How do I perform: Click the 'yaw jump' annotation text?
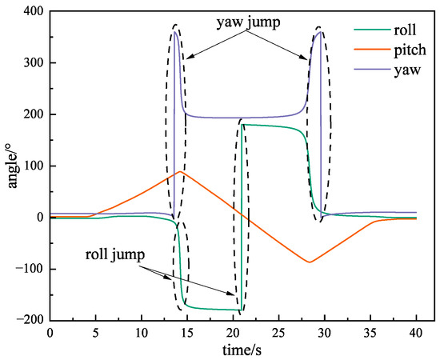248,22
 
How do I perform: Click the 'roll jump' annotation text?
115,254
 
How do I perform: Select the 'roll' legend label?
405,30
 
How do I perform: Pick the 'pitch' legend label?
410,50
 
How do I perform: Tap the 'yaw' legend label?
407,70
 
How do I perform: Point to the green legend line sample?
372,30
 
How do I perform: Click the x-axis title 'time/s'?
242,350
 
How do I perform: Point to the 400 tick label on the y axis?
34,11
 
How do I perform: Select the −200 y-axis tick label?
30,321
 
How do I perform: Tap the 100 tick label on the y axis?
34,166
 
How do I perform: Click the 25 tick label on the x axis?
279,334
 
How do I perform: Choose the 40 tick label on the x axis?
416,334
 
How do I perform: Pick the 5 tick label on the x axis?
96,334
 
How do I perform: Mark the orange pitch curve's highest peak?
180,171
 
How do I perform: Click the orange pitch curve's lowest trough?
310,262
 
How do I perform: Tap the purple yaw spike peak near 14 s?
175,31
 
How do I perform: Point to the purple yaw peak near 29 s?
320,31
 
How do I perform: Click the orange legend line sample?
372,50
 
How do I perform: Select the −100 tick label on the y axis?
30,269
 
